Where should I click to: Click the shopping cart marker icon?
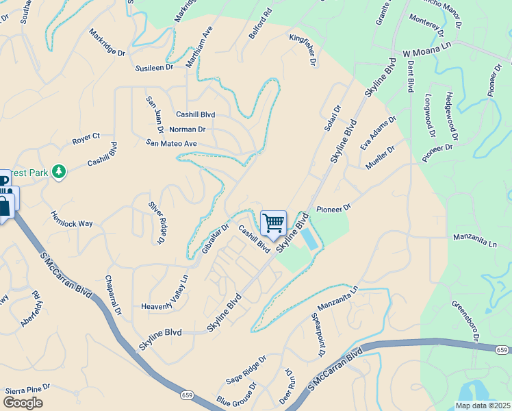coord(273,223)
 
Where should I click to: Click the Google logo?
coord(23,403)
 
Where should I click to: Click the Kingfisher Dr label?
coord(303,49)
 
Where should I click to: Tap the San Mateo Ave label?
coord(171,143)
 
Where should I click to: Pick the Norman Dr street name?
coord(188,129)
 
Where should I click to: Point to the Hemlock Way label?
coord(71,219)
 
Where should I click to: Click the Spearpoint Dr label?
coord(318,335)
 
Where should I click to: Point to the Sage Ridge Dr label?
coord(246,371)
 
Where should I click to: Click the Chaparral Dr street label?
coord(113,297)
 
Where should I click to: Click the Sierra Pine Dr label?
coord(28,388)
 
